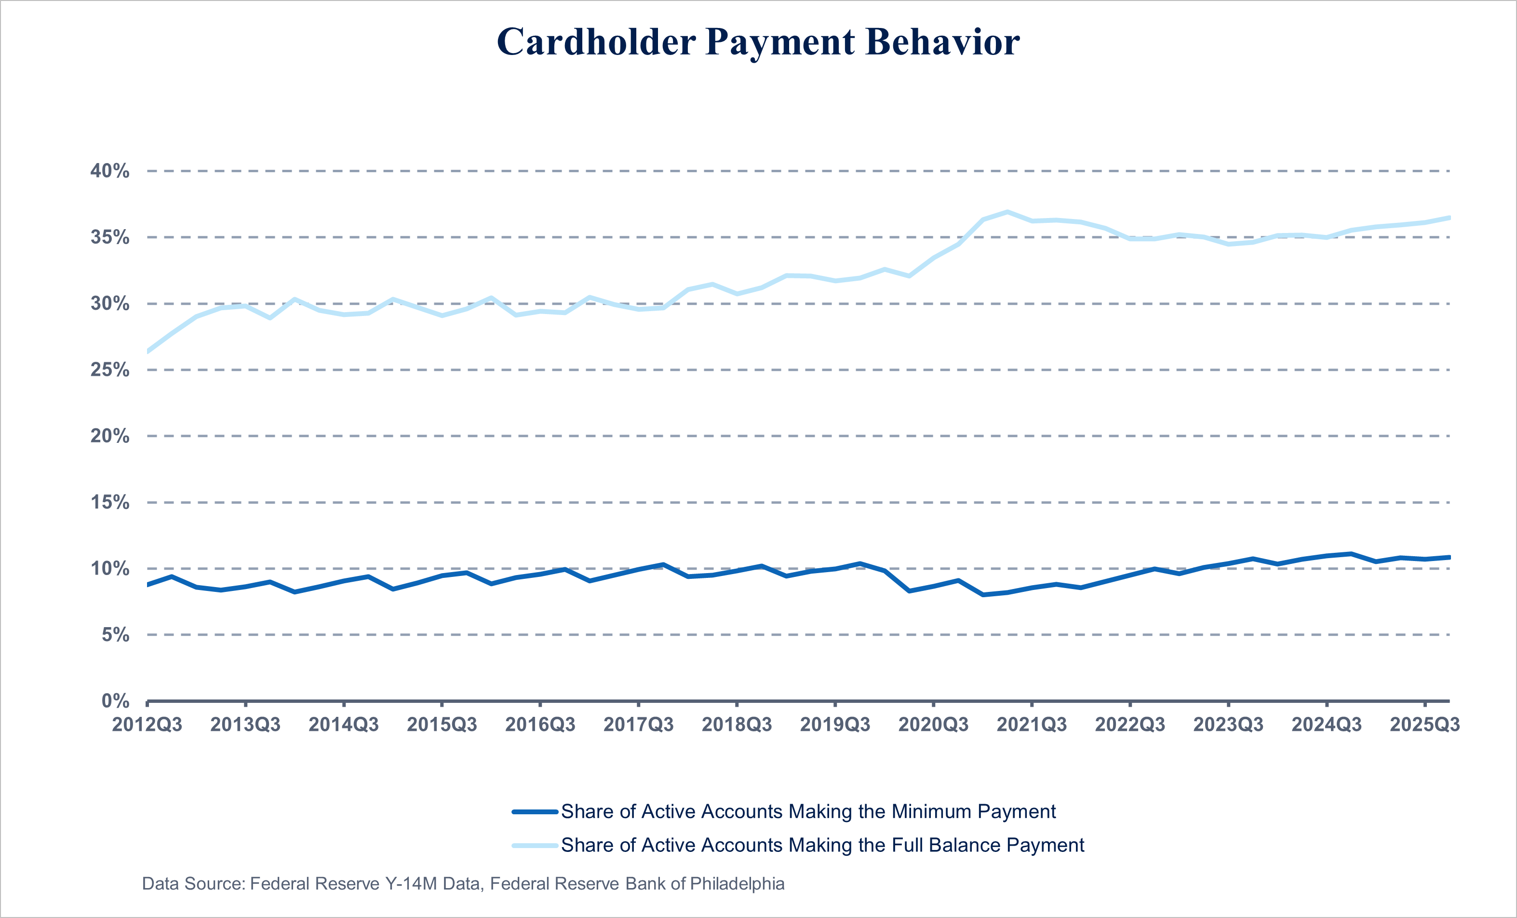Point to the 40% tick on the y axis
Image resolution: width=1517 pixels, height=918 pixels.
pos(110,171)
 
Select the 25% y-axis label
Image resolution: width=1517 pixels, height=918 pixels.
pos(110,370)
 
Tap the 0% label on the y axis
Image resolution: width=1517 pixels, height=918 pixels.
pos(115,700)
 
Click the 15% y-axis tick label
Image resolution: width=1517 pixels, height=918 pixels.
pos(110,502)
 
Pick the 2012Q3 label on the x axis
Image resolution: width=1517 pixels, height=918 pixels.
pos(147,725)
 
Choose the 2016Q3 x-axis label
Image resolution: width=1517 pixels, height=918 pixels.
pos(540,725)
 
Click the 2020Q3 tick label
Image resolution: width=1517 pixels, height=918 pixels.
pos(933,725)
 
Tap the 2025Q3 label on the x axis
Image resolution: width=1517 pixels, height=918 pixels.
pos(1424,725)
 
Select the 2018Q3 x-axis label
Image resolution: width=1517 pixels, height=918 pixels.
pos(737,725)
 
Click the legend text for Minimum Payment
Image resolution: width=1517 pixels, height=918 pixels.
pos(808,811)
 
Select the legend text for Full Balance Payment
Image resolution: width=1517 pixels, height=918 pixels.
pos(822,845)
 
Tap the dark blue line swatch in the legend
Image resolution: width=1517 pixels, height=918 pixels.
pos(535,812)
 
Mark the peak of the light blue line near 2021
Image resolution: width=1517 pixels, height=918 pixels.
pos(1007,212)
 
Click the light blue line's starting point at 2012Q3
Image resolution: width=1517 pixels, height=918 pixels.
pos(148,352)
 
